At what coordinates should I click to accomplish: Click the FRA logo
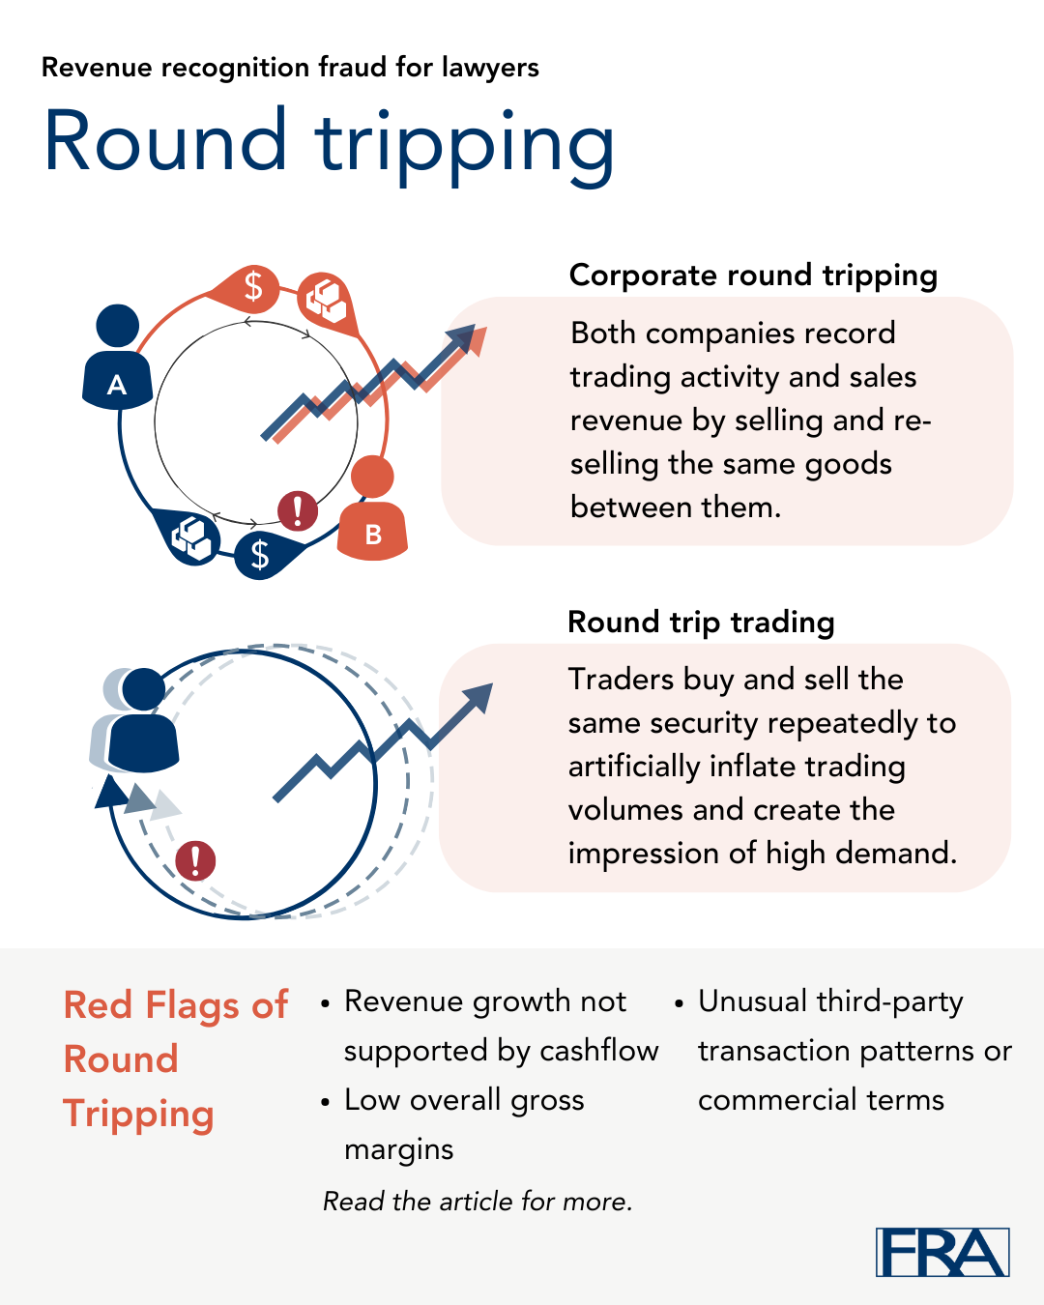click(x=942, y=1252)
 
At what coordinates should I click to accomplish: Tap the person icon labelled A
click(x=117, y=357)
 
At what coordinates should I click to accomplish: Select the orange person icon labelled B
click(x=372, y=508)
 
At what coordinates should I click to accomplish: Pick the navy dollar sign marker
click(x=267, y=554)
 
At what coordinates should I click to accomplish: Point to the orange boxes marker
click(x=328, y=302)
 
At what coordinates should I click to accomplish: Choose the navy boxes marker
click(x=188, y=536)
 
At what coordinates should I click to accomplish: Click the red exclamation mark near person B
click(x=297, y=510)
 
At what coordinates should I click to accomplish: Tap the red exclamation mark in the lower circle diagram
click(x=195, y=861)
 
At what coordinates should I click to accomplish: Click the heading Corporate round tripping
click(x=753, y=276)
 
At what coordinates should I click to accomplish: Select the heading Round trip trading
click(x=701, y=623)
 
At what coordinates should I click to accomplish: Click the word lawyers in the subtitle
click(x=490, y=68)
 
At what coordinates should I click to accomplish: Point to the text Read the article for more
click(x=478, y=1201)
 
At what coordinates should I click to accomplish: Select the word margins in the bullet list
click(x=398, y=1150)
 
